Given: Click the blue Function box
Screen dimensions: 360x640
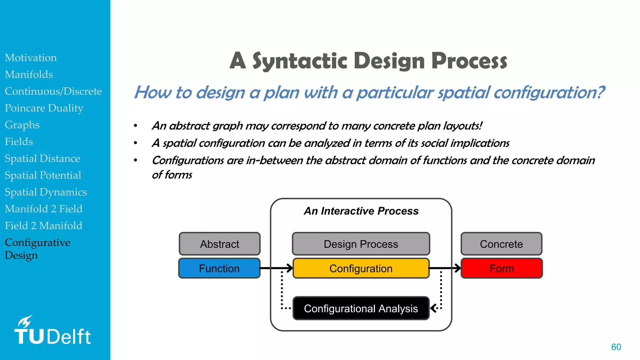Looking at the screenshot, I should [x=219, y=268].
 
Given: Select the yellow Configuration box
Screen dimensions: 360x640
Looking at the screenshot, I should [x=361, y=268].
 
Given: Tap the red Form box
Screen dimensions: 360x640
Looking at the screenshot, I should [x=502, y=268].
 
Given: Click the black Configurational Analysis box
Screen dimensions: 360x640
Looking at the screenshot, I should [x=361, y=308].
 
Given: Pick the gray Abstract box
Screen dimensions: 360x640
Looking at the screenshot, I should [x=219, y=244].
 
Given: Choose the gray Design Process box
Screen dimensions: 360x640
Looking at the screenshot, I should [x=361, y=244].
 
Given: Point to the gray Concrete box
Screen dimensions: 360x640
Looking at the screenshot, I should [x=501, y=244].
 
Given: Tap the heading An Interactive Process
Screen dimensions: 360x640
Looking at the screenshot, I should [x=361, y=211].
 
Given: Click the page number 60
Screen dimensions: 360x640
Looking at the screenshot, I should [x=616, y=347].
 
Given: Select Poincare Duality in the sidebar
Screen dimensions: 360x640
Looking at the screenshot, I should [x=44, y=108].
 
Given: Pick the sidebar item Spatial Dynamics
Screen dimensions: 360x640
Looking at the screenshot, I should [x=46, y=192].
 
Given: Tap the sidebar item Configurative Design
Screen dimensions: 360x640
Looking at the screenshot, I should [x=37, y=249].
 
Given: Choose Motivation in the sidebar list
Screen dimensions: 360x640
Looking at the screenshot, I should [x=31, y=57].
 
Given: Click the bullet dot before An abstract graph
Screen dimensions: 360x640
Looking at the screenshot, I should [x=135, y=126].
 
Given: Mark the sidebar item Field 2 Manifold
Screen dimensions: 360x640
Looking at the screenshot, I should [x=43, y=226].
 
